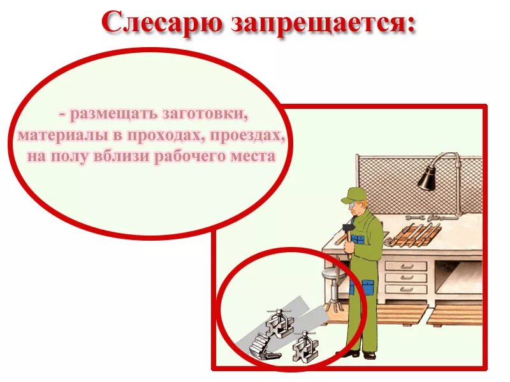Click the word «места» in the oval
247,156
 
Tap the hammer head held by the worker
348,227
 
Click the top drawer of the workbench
405,266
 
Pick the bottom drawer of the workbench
405,288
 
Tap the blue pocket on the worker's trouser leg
368,286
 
